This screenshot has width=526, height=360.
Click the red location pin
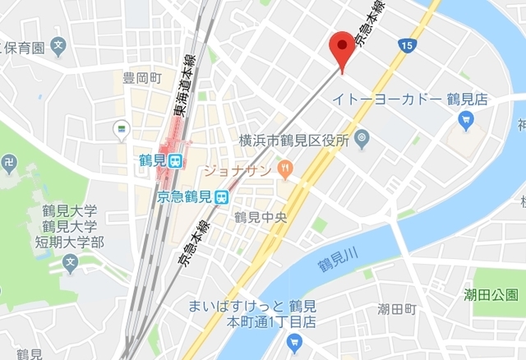pos(341,47)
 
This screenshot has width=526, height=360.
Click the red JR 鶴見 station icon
pos(174,162)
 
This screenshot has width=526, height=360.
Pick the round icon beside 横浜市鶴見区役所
pos(362,139)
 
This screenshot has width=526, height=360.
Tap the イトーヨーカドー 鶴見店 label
pos(410,99)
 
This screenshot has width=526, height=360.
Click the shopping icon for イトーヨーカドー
pos(465,121)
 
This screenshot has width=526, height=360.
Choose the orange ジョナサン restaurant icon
pos(285,170)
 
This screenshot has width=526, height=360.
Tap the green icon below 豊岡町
pos(122,129)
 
